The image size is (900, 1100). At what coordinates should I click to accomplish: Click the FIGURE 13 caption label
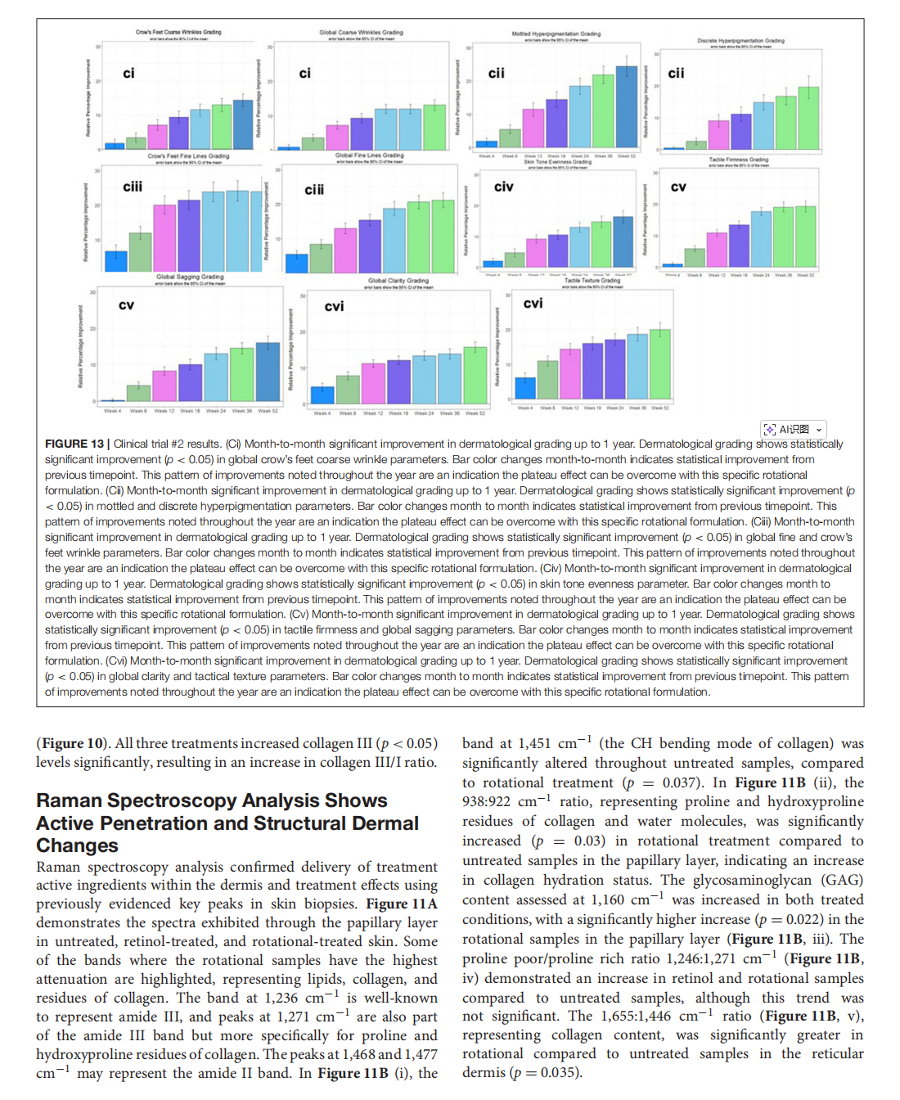(x=74, y=444)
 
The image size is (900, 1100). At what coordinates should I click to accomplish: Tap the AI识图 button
(x=793, y=429)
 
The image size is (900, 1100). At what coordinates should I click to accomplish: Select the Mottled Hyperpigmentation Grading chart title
(x=556, y=34)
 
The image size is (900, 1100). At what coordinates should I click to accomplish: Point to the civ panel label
(x=504, y=187)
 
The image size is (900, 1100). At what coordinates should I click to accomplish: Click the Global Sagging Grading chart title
(x=190, y=277)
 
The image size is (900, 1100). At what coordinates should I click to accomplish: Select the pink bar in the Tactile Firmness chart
(x=717, y=249)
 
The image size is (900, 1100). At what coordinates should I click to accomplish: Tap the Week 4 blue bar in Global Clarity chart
(x=322, y=394)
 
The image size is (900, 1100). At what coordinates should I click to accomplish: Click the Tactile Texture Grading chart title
(x=592, y=280)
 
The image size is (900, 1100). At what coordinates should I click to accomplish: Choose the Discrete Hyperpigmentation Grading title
(x=740, y=40)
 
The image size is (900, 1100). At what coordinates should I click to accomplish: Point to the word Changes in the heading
(x=77, y=845)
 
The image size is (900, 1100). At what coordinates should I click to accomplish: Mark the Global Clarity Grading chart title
(x=398, y=281)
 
